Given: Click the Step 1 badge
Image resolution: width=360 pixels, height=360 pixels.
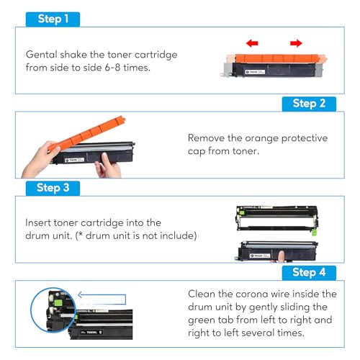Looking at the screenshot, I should coord(52,19).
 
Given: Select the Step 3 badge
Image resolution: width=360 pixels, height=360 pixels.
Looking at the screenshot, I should coord(53,188).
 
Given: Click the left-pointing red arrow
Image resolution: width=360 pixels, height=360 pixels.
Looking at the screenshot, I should coord(252,44).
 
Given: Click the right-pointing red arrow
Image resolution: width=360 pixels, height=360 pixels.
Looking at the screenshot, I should coord(296,44).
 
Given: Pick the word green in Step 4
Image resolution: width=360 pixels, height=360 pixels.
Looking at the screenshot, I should coord(204,320).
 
